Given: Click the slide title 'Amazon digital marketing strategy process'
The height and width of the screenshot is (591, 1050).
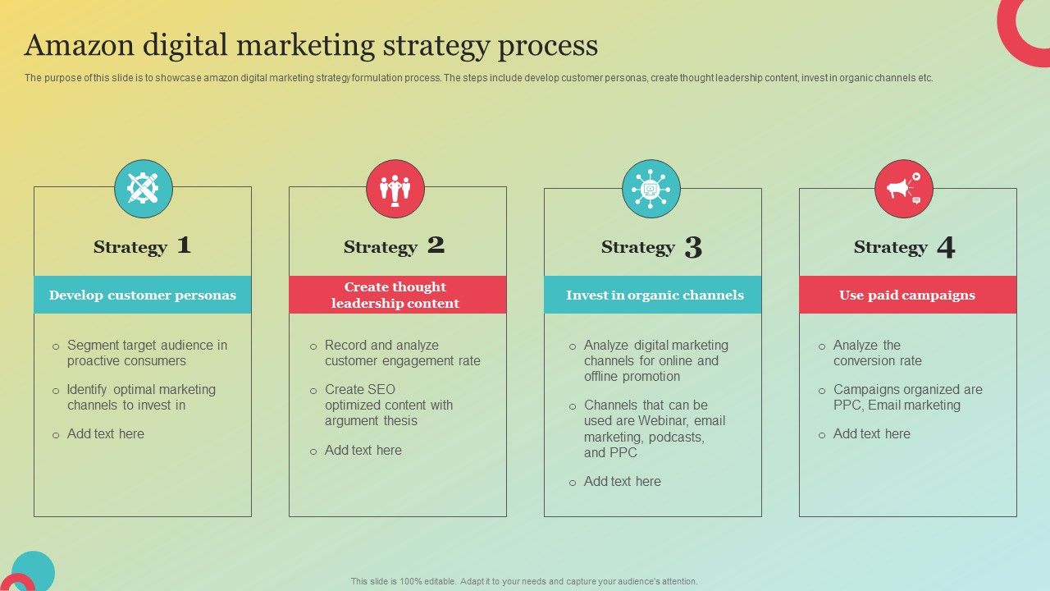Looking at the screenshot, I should [x=311, y=46].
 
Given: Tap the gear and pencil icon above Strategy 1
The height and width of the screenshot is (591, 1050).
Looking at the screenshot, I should [x=144, y=189].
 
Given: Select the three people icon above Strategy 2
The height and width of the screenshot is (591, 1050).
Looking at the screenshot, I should [x=395, y=189].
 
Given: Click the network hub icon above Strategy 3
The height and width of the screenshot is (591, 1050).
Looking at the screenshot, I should [x=651, y=189].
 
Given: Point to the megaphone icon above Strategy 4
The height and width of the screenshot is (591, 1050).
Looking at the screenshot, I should [x=904, y=189].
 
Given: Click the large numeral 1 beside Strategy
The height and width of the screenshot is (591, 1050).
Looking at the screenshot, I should [x=185, y=245].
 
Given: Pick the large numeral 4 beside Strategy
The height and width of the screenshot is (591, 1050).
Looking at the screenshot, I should [x=946, y=247].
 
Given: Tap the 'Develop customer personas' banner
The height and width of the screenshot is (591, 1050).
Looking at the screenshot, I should [x=143, y=295].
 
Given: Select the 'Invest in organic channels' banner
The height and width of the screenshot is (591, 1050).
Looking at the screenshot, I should [x=654, y=295].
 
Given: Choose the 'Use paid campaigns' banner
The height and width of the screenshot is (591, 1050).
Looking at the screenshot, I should [x=907, y=295].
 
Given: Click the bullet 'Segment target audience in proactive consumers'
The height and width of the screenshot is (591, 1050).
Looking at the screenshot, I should [x=146, y=353].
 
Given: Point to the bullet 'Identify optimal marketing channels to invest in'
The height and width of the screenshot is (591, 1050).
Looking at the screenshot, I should [x=140, y=397].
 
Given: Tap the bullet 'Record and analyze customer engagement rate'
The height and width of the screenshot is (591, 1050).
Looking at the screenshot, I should [x=402, y=353].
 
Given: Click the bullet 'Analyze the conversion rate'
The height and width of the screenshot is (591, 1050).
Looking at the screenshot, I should [x=876, y=353].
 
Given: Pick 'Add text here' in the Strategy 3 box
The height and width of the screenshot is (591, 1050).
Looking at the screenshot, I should [x=622, y=481].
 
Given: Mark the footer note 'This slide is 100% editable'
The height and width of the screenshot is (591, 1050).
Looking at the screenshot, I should [x=524, y=581].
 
